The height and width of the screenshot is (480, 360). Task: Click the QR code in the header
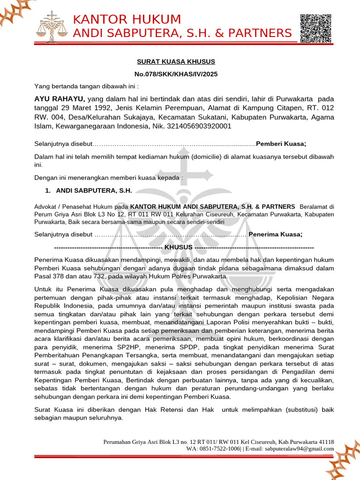(315, 29)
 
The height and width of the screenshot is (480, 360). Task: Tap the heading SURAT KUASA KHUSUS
(176, 61)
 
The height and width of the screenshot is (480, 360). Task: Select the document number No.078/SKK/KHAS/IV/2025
(176, 74)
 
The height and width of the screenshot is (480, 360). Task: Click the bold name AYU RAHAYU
(60, 99)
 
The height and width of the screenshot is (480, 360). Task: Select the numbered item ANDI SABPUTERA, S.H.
(94, 190)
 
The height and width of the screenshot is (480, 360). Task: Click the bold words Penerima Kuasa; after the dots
(275, 234)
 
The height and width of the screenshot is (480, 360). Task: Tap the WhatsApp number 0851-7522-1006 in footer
(218, 449)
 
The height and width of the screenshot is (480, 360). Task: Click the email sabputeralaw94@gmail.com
(300, 449)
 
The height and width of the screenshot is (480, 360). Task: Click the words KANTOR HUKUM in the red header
(127, 19)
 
